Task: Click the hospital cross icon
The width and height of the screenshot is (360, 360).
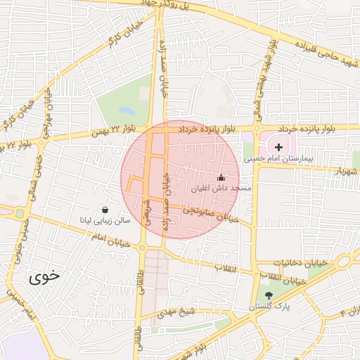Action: [279, 147]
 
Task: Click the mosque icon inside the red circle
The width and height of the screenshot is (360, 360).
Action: [221, 178]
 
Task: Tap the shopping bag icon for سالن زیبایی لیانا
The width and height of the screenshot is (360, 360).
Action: [105, 210]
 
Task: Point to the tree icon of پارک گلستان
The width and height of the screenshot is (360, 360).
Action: [271, 297]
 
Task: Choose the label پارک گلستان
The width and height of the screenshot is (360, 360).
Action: [269, 308]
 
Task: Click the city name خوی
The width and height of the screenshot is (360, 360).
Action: [46, 277]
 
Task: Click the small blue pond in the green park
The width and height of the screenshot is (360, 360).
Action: [127, 111]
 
